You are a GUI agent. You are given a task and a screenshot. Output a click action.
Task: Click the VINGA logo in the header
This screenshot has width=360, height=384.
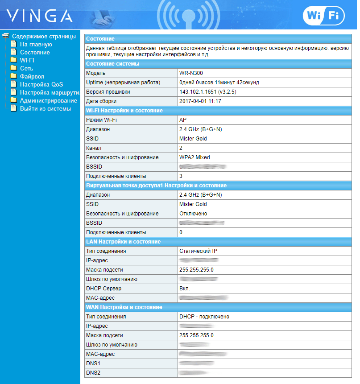click(39, 16)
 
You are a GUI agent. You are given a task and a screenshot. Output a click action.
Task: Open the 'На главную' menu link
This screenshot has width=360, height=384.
click(36, 45)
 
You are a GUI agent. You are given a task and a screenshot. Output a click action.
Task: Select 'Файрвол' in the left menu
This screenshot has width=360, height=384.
click(32, 77)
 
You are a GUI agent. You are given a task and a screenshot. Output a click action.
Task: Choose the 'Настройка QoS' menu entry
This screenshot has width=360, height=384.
click(41, 85)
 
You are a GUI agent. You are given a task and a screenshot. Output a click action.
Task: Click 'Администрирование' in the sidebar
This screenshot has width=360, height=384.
click(48, 101)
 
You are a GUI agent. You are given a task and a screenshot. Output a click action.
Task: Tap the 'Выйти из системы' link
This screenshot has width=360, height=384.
click(45, 109)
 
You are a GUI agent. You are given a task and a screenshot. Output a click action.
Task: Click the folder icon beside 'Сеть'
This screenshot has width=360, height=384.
click(13, 69)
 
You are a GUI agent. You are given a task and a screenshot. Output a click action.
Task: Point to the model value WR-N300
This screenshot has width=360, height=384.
click(190, 73)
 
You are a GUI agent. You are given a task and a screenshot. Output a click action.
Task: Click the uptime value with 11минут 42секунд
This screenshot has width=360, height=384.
click(219, 83)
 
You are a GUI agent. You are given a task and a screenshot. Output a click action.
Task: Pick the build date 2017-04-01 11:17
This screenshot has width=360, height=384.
click(200, 101)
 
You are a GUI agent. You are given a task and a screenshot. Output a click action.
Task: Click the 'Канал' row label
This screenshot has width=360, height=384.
click(94, 148)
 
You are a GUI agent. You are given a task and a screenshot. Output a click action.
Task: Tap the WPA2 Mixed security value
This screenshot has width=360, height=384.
click(194, 157)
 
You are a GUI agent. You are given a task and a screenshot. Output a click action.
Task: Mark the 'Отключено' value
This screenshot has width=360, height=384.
click(193, 214)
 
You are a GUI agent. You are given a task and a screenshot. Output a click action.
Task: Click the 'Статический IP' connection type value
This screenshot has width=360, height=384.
click(198, 251)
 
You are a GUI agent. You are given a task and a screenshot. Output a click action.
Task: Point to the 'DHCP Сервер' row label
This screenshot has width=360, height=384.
click(103, 289)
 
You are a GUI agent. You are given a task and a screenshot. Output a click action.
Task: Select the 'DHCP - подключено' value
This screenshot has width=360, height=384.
click(204, 317)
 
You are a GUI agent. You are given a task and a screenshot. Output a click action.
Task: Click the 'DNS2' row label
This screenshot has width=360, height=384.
click(93, 373)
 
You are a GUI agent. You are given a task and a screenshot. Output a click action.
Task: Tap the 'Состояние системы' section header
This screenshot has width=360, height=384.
click(112, 64)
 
